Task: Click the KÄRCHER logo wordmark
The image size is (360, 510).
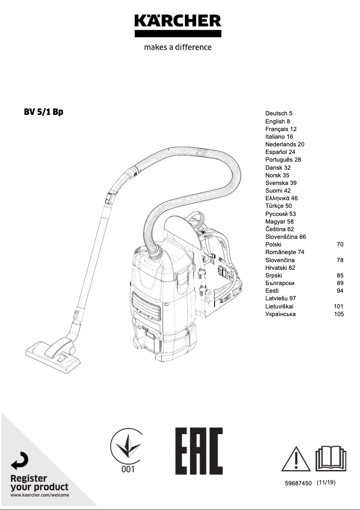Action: [x=178, y=21]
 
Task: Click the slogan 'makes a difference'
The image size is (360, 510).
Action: [x=178, y=47]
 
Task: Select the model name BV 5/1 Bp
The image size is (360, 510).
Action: [x=44, y=112]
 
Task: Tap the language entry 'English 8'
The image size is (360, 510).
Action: [x=277, y=121]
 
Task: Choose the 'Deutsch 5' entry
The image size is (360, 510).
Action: [x=279, y=114]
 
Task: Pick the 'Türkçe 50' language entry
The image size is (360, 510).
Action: [x=278, y=206]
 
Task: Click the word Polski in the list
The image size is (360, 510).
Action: [x=273, y=245]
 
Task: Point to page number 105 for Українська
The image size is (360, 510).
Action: [x=339, y=314]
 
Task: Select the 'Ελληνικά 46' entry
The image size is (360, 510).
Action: [x=281, y=198]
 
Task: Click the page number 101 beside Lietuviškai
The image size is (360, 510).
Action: [x=339, y=306]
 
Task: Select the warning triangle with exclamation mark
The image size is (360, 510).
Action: [x=296, y=459]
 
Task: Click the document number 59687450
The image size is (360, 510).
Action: [x=298, y=484]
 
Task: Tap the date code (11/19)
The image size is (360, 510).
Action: [x=326, y=483]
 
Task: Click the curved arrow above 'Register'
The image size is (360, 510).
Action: [x=20, y=461]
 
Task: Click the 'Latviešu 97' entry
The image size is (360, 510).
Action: [x=281, y=299]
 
